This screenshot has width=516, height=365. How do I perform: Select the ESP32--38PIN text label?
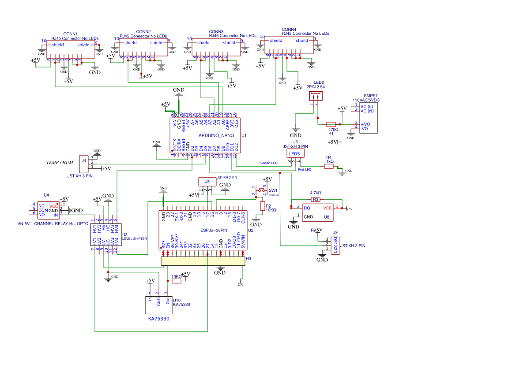214,230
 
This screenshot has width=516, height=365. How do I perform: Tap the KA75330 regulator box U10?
159,305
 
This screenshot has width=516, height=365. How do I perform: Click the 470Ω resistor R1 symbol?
331,124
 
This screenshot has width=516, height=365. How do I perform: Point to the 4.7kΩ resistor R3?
316,199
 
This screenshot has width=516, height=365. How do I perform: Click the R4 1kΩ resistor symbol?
329,167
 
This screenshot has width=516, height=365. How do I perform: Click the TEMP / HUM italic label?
60,163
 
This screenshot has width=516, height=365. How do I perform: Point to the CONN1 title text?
71,34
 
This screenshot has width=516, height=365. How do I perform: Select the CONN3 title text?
216,32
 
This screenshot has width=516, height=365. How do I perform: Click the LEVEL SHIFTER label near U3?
134,238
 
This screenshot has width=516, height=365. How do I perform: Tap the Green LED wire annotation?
269,163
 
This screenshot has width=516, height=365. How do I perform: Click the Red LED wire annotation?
305,170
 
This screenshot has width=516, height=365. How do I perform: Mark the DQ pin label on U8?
306,208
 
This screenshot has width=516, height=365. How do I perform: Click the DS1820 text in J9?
336,245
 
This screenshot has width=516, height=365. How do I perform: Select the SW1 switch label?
272,190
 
